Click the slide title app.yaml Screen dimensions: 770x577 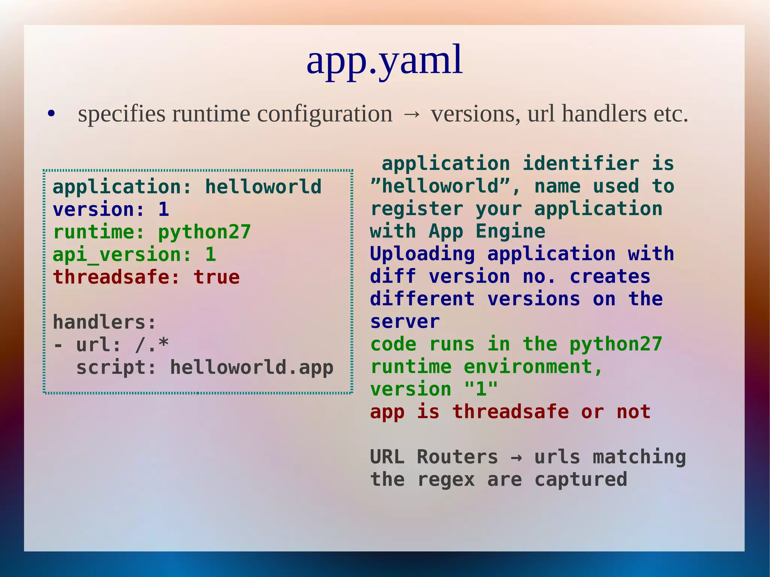click(384, 60)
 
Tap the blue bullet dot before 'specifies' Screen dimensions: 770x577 click(52, 114)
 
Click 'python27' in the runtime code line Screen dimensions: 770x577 click(204, 232)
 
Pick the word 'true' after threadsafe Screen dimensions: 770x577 click(217, 277)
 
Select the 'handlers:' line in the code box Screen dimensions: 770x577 click(104, 322)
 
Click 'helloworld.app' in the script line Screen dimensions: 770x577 click(252, 367)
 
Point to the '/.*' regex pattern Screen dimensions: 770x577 click(152, 345)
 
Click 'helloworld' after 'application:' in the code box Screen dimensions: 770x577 click(263, 187)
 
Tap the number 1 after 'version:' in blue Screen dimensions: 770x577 click(164, 209)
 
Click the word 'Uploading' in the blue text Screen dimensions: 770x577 click(422, 254)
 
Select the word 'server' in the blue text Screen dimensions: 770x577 click(405, 322)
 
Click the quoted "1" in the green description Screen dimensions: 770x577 click(481, 389)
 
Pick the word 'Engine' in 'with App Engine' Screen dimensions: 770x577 click(510, 231)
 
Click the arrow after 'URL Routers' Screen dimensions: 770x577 click(516, 457)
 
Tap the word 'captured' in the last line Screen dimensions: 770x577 click(581, 480)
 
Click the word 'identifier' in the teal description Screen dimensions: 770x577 click(581, 164)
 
